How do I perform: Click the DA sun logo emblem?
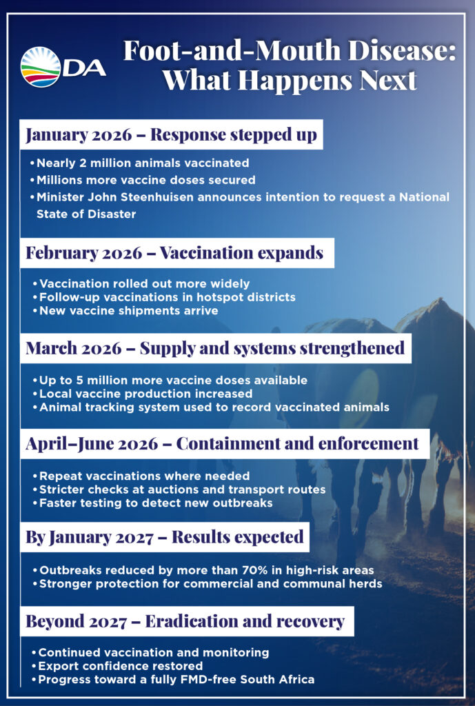(x=41, y=67)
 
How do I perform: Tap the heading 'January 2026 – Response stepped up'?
(x=171, y=134)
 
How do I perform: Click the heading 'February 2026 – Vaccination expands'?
(x=174, y=253)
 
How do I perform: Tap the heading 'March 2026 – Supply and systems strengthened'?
(x=215, y=348)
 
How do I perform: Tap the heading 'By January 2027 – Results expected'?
(x=165, y=536)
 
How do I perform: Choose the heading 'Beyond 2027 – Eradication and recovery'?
(x=185, y=621)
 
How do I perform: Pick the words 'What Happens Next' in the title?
(x=290, y=81)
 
